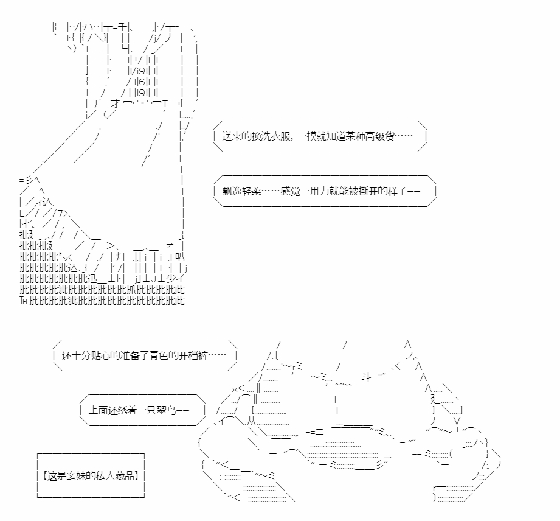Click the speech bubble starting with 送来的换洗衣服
point(320,136)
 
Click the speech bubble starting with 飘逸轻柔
point(325,191)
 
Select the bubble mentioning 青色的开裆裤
point(145,355)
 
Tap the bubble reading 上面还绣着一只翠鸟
point(142,410)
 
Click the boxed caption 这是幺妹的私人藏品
point(91,475)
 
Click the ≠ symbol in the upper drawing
point(170,245)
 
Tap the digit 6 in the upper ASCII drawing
point(142,82)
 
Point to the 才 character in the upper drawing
point(116,103)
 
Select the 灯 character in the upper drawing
point(121,257)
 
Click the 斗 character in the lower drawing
point(367,377)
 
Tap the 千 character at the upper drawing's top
point(122,27)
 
